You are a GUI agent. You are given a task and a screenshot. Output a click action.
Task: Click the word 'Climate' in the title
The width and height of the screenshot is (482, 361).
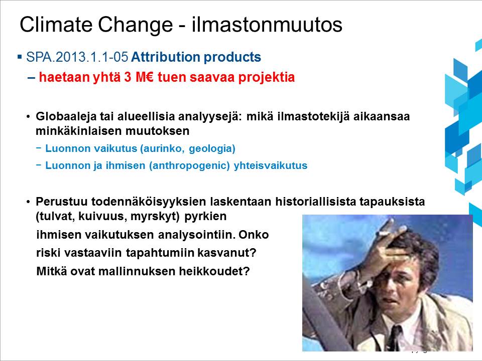(x=56, y=24)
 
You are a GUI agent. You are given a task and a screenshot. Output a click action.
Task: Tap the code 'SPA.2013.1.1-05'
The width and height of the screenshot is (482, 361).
(x=77, y=57)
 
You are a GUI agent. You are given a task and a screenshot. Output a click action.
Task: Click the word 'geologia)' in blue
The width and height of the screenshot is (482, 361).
(x=212, y=148)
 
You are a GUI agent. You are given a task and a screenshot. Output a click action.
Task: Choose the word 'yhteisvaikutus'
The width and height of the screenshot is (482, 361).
(x=271, y=165)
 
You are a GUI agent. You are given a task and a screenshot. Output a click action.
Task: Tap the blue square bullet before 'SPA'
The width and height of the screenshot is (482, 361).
(x=20, y=57)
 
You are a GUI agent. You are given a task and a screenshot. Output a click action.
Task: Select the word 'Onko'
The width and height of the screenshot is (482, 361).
(x=254, y=235)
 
